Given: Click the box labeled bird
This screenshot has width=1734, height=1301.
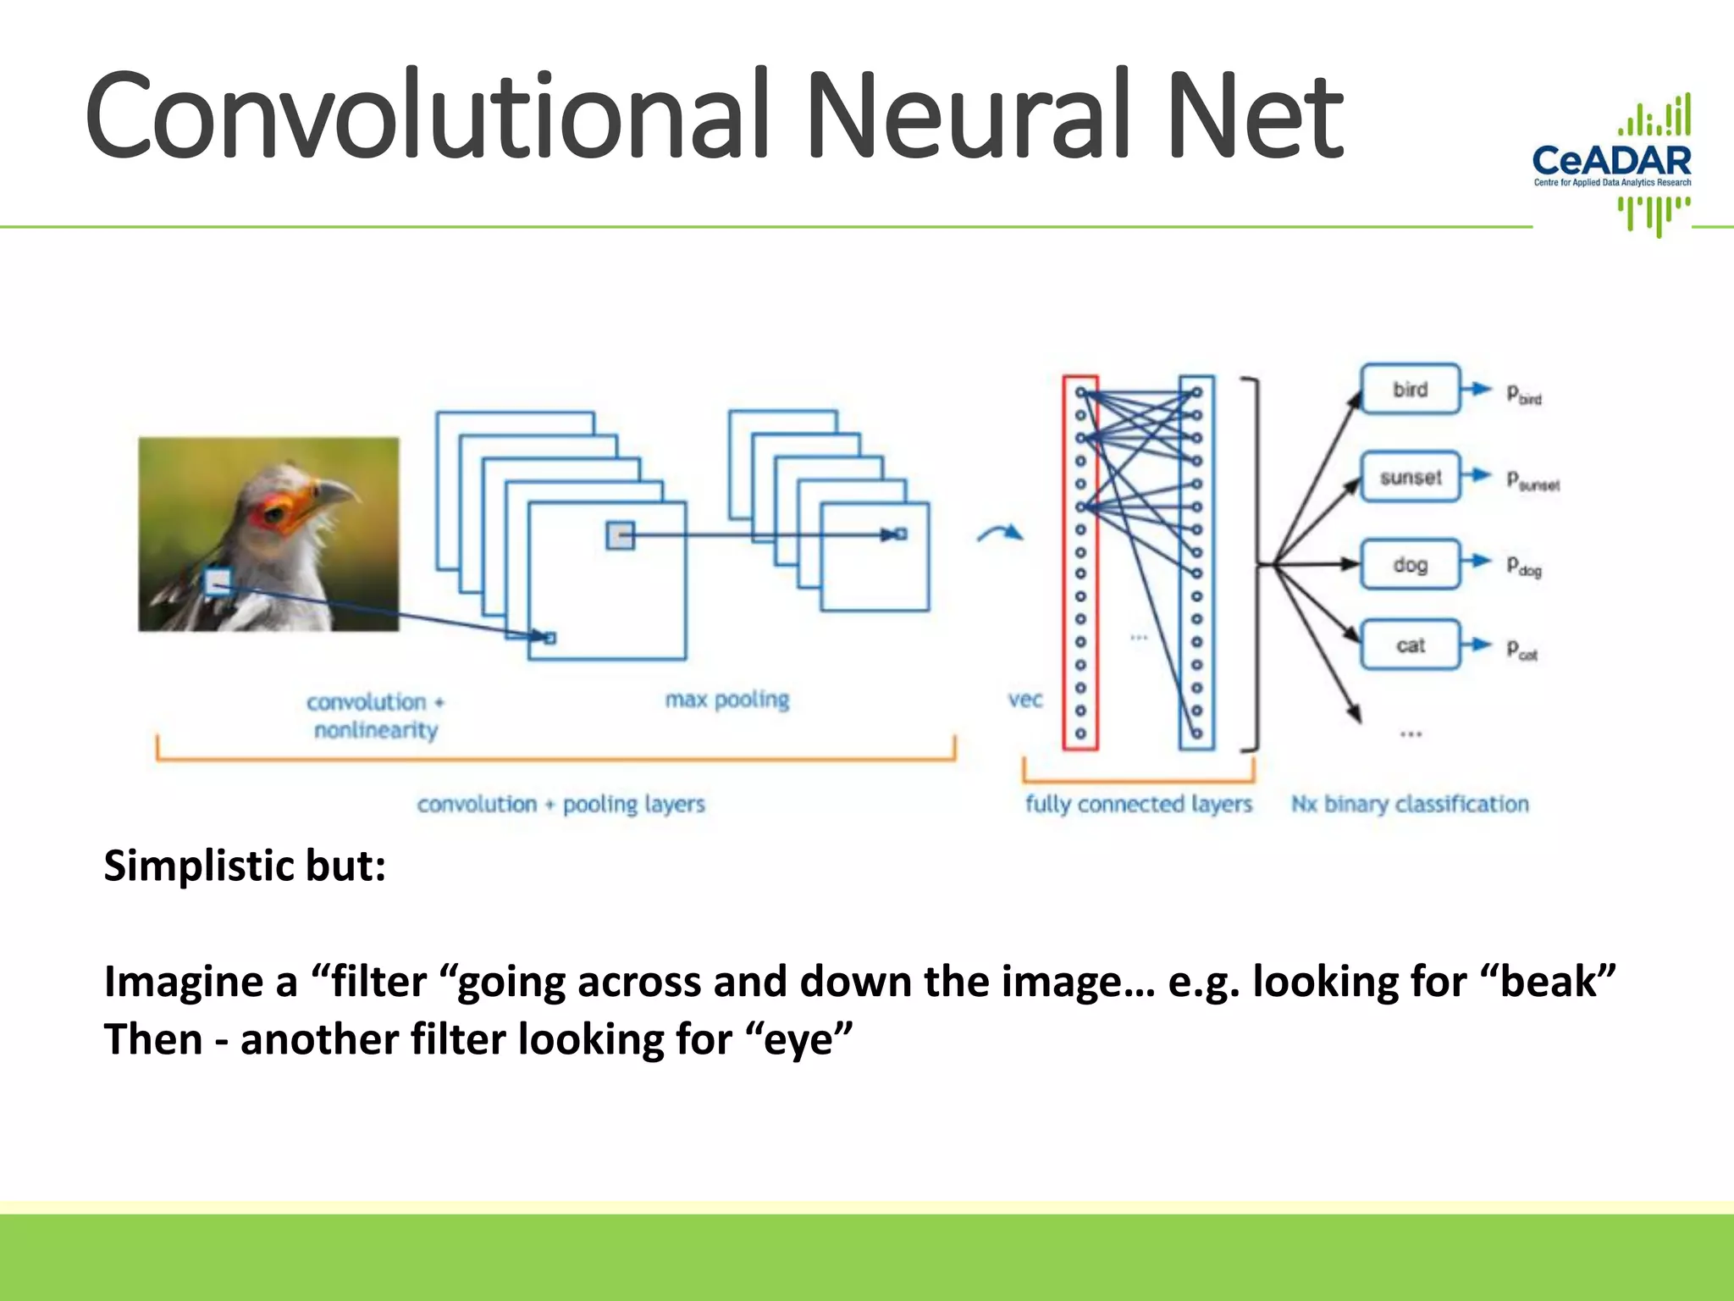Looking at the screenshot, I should pyautogui.click(x=1411, y=389).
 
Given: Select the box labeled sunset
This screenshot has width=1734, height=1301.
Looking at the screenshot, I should pyautogui.click(x=1411, y=477).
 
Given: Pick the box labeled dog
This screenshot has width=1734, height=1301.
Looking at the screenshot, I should pyautogui.click(x=1411, y=564).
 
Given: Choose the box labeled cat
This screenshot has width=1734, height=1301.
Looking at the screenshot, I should pyautogui.click(x=1411, y=645).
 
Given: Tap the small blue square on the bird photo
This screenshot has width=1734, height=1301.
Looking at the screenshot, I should pyautogui.click(x=218, y=581).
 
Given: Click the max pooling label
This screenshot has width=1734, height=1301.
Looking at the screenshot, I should pyautogui.click(x=726, y=700).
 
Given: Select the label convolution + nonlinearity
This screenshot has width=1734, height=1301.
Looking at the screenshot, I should pyautogui.click(x=375, y=716).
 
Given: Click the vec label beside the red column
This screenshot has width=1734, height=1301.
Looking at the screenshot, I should pyautogui.click(x=1024, y=700).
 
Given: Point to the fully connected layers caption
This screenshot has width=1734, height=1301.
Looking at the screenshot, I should pyautogui.click(x=1138, y=803).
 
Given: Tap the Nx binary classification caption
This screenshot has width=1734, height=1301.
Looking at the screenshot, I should pyautogui.click(x=1410, y=803).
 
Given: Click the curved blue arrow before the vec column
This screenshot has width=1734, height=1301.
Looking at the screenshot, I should pyautogui.click(x=1000, y=534).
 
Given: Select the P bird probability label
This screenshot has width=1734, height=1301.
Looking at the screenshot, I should pyautogui.click(x=1523, y=394).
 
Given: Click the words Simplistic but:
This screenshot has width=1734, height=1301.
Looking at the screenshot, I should pyautogui.click(x=245, y=866).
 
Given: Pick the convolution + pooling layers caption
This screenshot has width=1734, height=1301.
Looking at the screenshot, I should pyautogui.click(x=561, y=803).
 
